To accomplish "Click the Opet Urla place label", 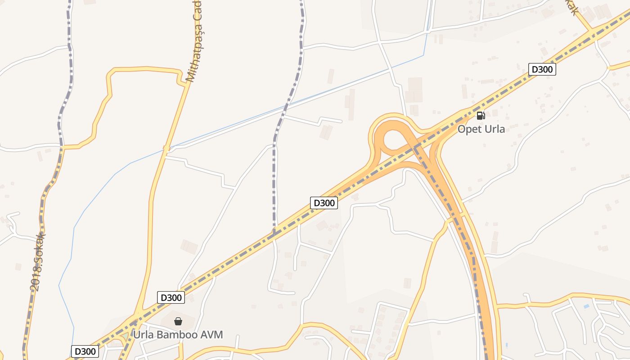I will click(x=481, y=129).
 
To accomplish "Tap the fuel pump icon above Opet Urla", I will click(x=481, y=116).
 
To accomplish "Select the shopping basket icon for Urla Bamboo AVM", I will click(x=178, y=321).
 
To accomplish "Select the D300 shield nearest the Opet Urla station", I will click(x=542, y=69).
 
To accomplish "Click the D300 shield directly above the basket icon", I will click(x=171, y=297).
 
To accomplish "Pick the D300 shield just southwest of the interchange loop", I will click(x=324, y=203).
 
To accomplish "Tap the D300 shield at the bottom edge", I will click(x=85, y=351).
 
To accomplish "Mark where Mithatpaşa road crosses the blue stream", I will click(x=166, y=148).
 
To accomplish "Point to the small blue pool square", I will click(x=585, y=306).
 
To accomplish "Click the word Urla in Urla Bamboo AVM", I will click(x=144, y=335).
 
